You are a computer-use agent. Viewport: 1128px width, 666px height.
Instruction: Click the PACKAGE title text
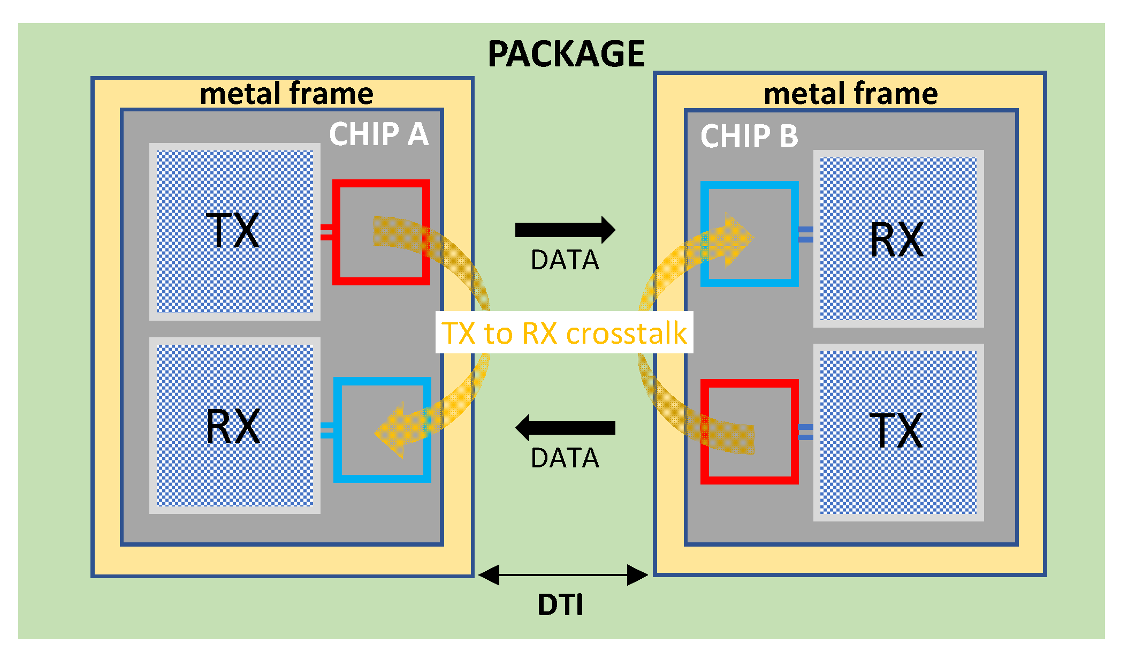[566, 54]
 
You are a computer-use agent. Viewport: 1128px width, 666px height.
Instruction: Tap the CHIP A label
[379, 134]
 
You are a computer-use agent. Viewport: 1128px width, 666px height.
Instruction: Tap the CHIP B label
[749, 136]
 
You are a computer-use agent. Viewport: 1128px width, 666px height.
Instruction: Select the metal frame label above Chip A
[286, 94]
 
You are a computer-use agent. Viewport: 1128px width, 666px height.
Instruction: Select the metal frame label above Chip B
[850, 94]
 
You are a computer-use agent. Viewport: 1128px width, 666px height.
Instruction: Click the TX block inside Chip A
[234, 231]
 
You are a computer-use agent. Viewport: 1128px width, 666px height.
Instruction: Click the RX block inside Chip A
[234, 426]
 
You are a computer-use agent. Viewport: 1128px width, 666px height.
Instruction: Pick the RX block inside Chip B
[898, 239]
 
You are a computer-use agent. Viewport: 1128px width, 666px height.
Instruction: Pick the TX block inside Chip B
[898, 432]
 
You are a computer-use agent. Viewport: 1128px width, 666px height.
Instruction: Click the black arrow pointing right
[565, 230]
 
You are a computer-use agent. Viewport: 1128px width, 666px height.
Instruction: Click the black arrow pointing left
[565, 427]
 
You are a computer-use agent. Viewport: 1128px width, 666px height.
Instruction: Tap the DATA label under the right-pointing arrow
[565, 260]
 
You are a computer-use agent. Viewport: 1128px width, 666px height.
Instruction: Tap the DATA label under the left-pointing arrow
[565, 458]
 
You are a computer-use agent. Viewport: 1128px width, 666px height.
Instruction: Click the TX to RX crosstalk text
[564, 333]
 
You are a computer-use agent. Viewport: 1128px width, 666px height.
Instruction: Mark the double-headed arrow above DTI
[563, 575]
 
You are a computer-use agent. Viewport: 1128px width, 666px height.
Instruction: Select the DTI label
[560, 605]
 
